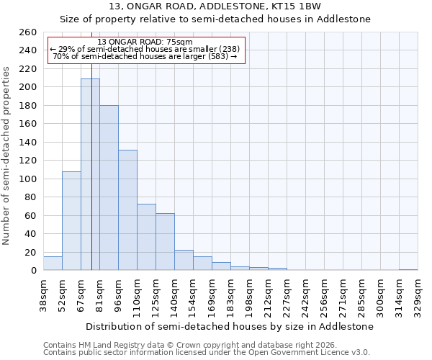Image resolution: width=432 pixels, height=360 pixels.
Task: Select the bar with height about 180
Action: click(109, 187)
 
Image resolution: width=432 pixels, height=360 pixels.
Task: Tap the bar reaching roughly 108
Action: click(71, 220)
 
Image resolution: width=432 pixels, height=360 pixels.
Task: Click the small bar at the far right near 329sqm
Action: click(408, 269)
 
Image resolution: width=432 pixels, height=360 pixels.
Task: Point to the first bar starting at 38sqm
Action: click(53, 264)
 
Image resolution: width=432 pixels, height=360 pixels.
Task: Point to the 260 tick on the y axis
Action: click(28, 32)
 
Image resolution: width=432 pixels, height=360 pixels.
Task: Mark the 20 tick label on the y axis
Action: click(31, 252)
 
